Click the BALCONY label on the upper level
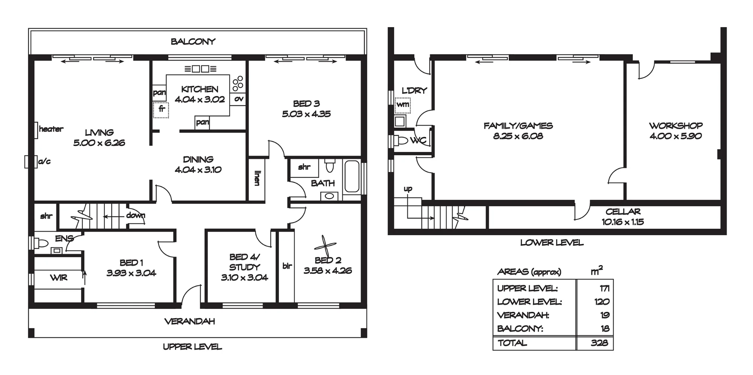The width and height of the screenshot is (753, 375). (193, 41)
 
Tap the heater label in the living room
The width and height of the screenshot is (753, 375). (51, 129)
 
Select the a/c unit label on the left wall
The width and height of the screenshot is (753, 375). (44, 161)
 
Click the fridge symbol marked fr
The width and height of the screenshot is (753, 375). (161, 110)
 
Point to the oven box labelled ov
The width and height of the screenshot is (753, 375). (239, 99)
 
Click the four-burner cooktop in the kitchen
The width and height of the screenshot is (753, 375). (238, 84)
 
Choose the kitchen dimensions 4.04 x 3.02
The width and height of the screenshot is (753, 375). (200, 99)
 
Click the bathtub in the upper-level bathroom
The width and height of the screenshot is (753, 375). (352, 177)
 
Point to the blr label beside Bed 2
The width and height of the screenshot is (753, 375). (287, 266)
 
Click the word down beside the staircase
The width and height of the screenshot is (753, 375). (136, 215)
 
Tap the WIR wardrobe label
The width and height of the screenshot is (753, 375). (59, 278)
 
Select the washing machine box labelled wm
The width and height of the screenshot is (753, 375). (403, 105)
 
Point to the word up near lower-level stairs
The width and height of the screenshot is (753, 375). (408, 189)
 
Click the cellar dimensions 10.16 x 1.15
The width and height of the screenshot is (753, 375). (623, 222)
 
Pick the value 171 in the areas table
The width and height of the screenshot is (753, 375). (605, 288)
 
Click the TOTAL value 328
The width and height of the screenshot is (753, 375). (599, 343)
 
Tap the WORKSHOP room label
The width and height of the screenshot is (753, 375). (675, 126)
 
